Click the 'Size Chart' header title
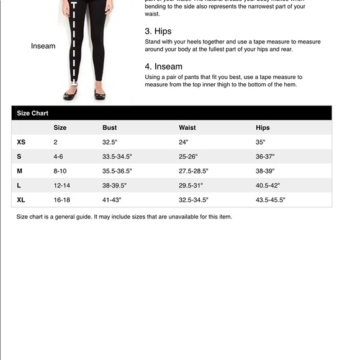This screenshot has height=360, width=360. pyautogui.click(x=32, y=113)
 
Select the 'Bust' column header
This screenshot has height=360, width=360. pyautogui.click(x=109, y=128)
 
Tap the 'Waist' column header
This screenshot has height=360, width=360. pyautogui.click(x=187, y=128)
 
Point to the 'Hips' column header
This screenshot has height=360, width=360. pyautogui.click(x=263, y=128)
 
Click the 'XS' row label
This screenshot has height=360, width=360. pyautogui.click(x=21, y=142)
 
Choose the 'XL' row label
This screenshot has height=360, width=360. pyautogui.click(x=21, y=200)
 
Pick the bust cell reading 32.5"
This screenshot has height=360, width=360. pyautogui.click(x=110, y=142)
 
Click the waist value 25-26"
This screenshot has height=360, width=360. pyautogui.click(x=188, y=156)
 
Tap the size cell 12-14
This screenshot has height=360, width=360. pyautogui.click(x=61, y=186)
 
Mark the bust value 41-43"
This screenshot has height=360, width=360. pyautogui.click(x=112, y=200)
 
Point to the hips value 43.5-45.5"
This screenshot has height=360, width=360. pyautogui.click(x=270, y=200)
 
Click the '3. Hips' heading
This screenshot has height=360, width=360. pyautogui.click(x=158, y=31)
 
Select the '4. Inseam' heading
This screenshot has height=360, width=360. pyautogui.click(x=163, y=66)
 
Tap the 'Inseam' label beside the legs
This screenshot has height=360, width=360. pyautogui.click(x=43, y=46)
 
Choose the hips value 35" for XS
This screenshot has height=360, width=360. pyautogui.click(x=260, y=142)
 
